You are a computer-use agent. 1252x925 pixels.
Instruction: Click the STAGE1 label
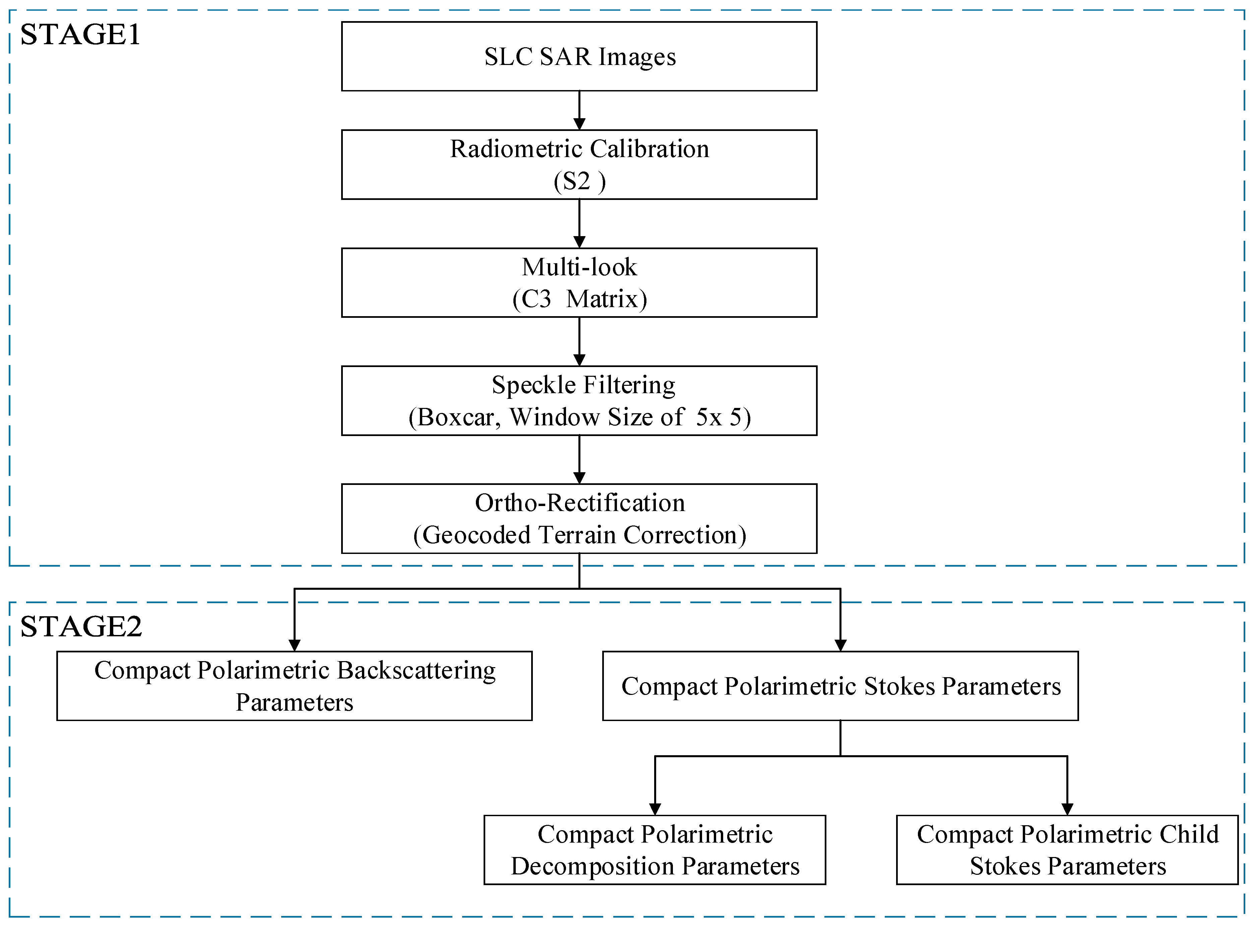80,35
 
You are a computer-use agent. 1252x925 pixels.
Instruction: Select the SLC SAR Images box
579,57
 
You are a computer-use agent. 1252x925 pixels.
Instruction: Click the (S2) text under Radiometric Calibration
579,182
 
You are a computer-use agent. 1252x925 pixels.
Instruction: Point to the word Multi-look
579,267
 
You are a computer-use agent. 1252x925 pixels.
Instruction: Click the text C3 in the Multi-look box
536,299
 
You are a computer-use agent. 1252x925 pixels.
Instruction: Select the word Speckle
533,385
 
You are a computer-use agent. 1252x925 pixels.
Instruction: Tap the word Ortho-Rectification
579,503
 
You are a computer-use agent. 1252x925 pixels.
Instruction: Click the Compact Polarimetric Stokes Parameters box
840,686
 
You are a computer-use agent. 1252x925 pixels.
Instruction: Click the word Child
1189,834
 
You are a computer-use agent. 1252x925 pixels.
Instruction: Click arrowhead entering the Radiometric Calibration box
579,124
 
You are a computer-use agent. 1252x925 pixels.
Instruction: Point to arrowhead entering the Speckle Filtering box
579,360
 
